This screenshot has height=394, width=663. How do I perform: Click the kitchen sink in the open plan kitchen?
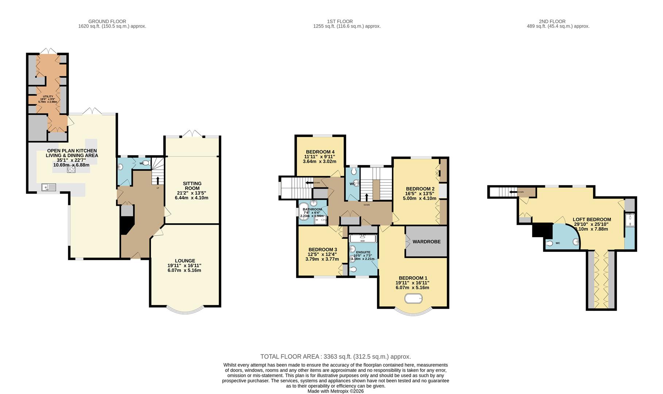click(x=49, y=188)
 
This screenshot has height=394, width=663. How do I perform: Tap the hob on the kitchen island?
click(x=71, y=169)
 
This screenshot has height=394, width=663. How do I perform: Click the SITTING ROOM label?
click(x=192, y=186)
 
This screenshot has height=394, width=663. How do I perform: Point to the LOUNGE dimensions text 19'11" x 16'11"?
click(x=185, y=266)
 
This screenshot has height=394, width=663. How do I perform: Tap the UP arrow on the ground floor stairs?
click(x=158, y=181)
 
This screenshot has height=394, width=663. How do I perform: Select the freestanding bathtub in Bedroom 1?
click(x=414, y=299)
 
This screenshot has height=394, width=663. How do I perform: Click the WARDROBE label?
click(x=426, y=242)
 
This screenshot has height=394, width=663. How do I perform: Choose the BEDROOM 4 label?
click(x=320, y=152)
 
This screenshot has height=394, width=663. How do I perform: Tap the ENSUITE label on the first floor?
click(x=363, y=252)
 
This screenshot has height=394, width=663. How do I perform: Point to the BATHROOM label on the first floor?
click(x=312, y=209)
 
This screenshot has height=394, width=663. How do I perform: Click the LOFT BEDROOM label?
click(x=592, y=220)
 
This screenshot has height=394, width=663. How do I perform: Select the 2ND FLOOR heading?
click(x=552, y=22)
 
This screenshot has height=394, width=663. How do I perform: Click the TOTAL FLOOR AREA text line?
click(x=335, y=356)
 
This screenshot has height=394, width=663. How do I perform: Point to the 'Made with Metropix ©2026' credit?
click(x=335, y=391)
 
